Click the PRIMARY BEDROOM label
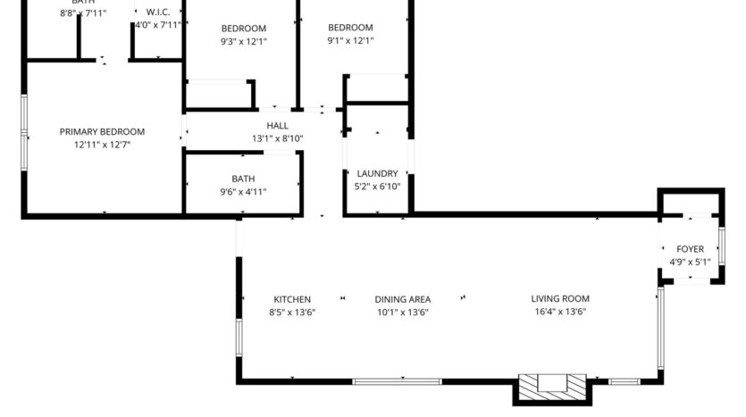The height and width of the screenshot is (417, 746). coord(102,132)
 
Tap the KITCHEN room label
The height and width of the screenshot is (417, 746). coord(292,299)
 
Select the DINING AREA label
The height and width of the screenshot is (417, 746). coord(403,299)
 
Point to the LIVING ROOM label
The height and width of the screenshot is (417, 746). coord(560,299)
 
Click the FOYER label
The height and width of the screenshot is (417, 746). coord(690,249)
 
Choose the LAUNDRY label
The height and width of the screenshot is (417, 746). coord(377,173)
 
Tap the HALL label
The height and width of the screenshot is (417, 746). coord(277,126)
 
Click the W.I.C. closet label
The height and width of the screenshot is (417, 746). coord(157,13)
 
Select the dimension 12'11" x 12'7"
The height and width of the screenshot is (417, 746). coord(102,145)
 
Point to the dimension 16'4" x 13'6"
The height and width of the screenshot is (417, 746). coord(560,312)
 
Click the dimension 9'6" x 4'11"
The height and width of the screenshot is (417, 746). coord(243,191)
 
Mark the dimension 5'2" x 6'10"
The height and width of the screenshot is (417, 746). coord(377,186)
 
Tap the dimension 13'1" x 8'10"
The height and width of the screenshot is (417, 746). coord(277,138)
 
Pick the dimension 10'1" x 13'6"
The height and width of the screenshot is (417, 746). coord(403,312)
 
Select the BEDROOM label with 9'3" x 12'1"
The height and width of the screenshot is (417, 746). coord(244,29)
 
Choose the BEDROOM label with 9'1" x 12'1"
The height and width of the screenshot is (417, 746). coord(350,28)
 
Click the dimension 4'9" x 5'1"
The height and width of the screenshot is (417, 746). coord(690,262)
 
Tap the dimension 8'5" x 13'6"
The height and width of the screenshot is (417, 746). coord(292,312)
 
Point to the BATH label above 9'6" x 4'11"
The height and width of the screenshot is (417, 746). coord(243,179)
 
